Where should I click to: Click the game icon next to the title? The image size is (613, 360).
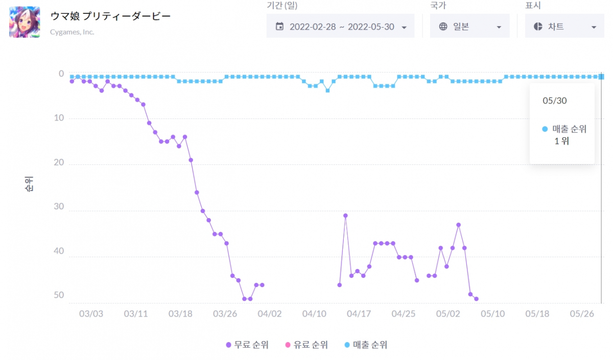tap(25, 22)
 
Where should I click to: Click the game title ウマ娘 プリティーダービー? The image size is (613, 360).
tap(110, 16)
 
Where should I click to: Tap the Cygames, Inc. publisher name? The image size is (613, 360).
tap(72, 32)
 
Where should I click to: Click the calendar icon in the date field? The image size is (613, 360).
tap(279, 27)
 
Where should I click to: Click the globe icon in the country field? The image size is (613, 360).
tap(443, 27)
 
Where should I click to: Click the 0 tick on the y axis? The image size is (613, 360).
tap(61, 74)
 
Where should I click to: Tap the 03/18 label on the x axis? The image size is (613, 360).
tap(180, 314)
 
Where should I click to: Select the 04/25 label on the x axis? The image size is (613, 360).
tap(404, 314)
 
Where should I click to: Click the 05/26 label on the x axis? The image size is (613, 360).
tap(582, 314)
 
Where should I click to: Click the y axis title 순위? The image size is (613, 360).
tap(29, 184)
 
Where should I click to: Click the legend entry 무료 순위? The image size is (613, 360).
tap(247, 345)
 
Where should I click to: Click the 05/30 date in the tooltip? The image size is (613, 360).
tap(554, 101)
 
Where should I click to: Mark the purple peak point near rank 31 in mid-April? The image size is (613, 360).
tap(345, 215)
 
